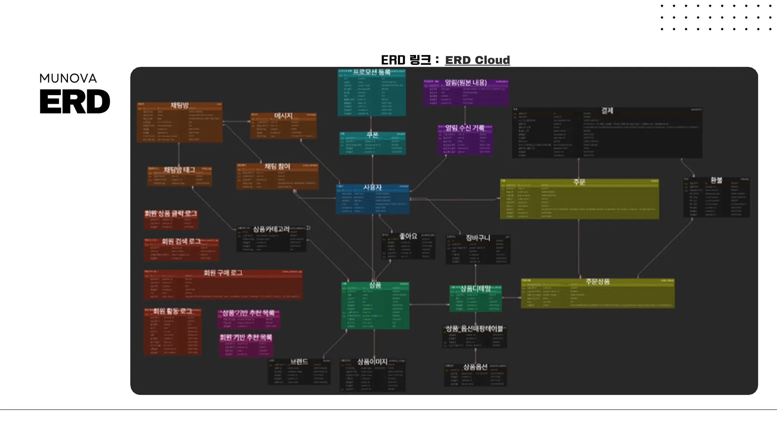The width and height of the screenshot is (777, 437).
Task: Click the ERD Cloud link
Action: pos(477,60)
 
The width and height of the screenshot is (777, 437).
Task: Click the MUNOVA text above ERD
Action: pos(68,78)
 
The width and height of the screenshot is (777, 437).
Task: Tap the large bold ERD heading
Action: pos(75,101)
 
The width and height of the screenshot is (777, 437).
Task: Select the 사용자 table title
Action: pos(372,187)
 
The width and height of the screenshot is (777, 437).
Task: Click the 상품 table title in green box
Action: pos(375,285)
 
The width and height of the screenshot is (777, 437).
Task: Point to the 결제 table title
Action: pos(607,110)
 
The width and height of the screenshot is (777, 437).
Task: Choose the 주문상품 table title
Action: pos(598,281)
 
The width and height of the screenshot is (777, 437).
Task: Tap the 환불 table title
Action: pos(716,180)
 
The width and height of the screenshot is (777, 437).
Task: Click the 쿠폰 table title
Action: pos(372,135)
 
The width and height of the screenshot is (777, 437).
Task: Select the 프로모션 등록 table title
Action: pos(371,72)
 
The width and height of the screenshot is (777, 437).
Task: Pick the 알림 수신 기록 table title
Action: pos(465,128)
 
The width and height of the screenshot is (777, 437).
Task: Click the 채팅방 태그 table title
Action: pos(179,170)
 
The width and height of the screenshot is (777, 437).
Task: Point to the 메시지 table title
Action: pos(283,116)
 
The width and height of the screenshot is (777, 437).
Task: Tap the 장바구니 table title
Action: pos(478,238)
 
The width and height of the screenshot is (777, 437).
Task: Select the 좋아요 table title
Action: pos(408,236)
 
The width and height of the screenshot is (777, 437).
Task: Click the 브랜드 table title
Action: pos(299,362)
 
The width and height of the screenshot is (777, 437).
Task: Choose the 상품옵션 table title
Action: pos(475,367)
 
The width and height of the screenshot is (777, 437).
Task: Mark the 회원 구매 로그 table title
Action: pos(223,273)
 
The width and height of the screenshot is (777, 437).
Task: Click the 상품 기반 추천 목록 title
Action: pos(248,313)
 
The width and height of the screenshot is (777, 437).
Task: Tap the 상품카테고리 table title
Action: pos(271,229)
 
